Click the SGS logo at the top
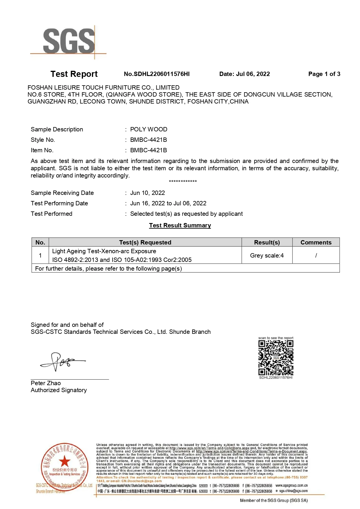[68, 41]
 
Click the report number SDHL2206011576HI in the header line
[157, 74]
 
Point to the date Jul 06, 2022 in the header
[245, 74]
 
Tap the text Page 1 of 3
[324, 74]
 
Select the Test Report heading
[74, 74]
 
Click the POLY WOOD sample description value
[149, 129]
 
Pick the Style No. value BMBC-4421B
[149, 140]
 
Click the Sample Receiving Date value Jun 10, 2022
[147, 193]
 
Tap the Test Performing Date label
[59, 203]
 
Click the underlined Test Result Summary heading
[180, 225]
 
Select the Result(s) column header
[267, 242]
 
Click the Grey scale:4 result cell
[267, 256]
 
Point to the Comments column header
[316, 242]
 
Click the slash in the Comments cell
[316, 256]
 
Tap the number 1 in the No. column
[40, 256]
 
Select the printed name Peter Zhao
[46, 383]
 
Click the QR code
[276, 358]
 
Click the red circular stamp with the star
[64, 467]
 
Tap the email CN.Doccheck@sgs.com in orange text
[142, 481]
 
